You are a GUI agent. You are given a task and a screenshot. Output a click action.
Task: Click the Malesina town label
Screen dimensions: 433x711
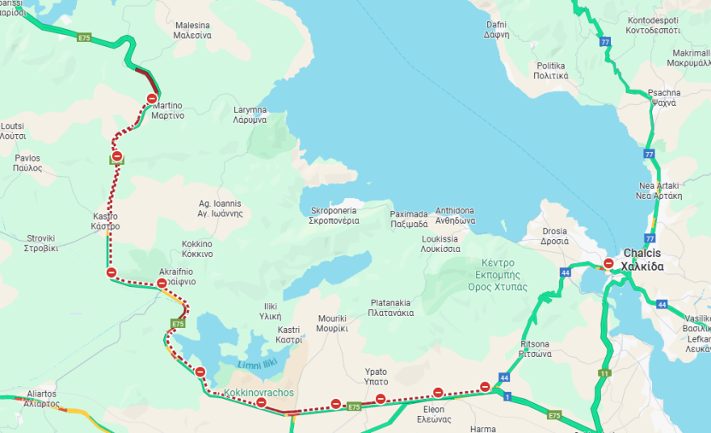(193, 31)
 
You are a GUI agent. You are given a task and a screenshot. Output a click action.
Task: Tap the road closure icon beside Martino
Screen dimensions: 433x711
(152, 99)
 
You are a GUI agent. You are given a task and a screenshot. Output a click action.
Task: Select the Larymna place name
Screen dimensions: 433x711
(250, 115)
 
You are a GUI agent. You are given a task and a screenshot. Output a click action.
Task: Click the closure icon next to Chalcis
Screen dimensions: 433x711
(608, 263)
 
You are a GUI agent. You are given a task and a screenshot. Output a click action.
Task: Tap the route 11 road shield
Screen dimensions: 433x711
(604, 372)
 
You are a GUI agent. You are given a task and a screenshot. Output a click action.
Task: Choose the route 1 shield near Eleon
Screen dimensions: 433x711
(507, 397)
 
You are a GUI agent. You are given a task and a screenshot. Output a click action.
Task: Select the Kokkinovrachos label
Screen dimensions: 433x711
(258, 393)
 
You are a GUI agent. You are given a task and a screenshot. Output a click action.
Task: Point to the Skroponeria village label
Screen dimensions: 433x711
(334, 216)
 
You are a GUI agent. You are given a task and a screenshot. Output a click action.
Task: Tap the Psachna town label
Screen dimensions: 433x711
(663, 98)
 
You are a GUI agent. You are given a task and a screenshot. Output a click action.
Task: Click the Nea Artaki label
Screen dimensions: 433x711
(659, 190)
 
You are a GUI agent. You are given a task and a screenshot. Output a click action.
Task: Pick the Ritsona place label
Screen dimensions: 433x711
(535, 349)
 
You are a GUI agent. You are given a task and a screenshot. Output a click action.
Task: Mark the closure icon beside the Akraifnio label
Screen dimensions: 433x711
(162, 284)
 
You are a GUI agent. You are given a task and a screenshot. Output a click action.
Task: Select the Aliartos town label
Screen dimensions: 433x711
(42, 397)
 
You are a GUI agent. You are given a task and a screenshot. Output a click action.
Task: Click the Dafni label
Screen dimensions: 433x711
(496, 30)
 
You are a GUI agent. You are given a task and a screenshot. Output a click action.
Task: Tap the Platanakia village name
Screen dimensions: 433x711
(391, 308)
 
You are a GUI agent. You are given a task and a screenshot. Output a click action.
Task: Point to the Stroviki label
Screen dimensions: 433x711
(40, 243)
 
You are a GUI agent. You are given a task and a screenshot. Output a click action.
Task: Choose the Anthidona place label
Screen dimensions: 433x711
(455, 216)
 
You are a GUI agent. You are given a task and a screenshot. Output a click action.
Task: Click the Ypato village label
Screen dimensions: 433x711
(376, 376)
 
